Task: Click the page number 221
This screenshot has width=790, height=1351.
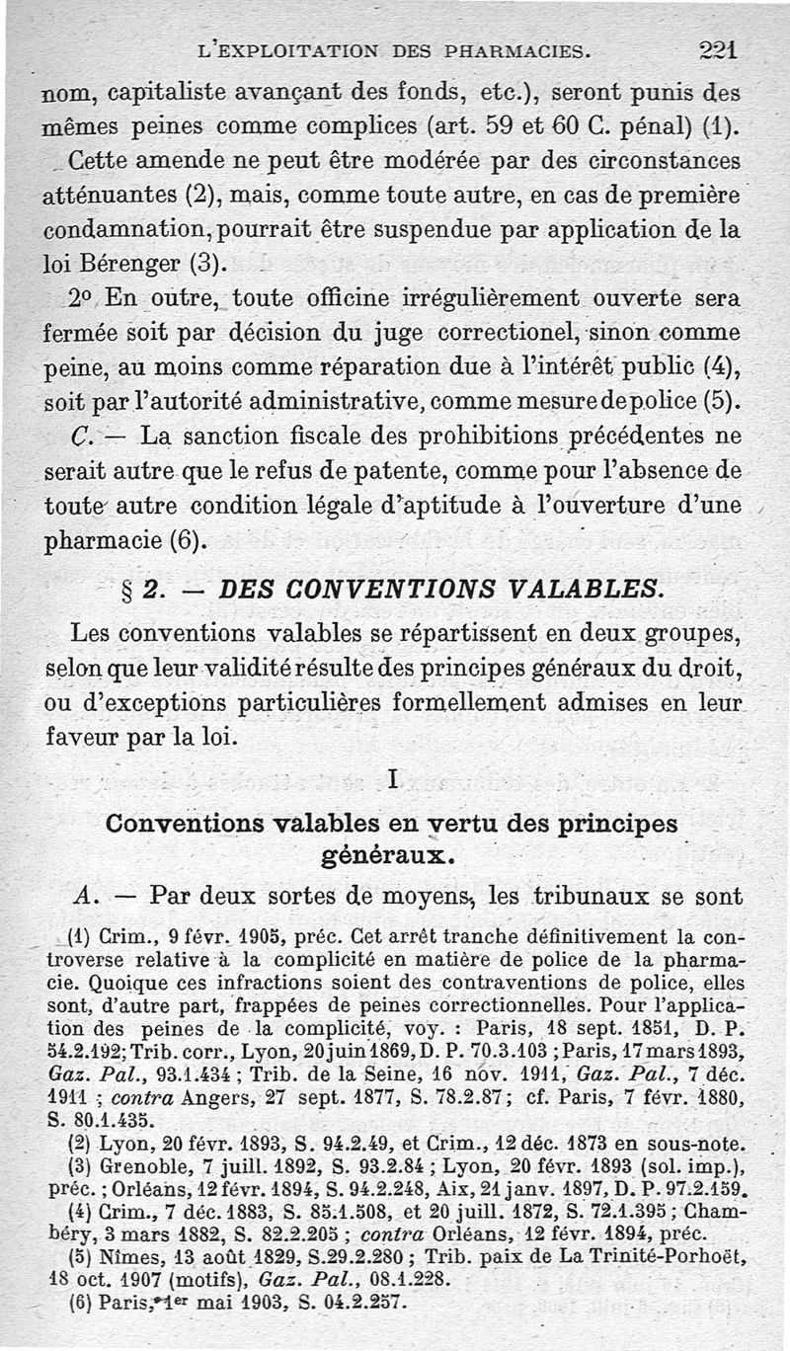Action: coord(718,49)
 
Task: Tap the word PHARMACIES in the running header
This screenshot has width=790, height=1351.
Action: coord(507,49)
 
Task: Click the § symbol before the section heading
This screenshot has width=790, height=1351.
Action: coord(125,589)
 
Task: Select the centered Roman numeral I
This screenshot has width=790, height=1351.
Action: coord(392,780)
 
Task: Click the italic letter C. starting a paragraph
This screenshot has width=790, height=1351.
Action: coord(83,435)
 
